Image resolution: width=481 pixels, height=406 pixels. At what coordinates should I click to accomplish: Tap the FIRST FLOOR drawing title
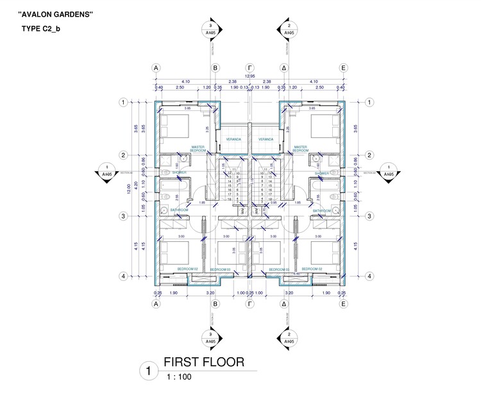pyautogui.click(x=203, y=362)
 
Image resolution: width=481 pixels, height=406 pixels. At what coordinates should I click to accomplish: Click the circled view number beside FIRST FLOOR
pyautogui.click(x=149, y=371)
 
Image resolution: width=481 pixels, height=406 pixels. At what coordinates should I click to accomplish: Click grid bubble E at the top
pyautogui.click(x=343, y=67)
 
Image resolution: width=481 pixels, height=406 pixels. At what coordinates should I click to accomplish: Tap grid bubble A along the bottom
pyautogui.click(x=155, y=305)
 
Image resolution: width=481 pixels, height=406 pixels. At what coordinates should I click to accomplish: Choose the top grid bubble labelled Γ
pyautogui.click(x=249, y=67)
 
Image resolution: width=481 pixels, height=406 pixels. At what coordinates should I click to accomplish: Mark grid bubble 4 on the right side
pyautogui.click(x=369, y=276)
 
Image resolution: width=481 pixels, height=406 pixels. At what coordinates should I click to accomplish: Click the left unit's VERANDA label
pyautogui.click(x=233, y=139)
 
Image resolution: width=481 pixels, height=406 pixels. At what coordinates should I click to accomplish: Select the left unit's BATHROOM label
pyautogui.click(x=179, y=210)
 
